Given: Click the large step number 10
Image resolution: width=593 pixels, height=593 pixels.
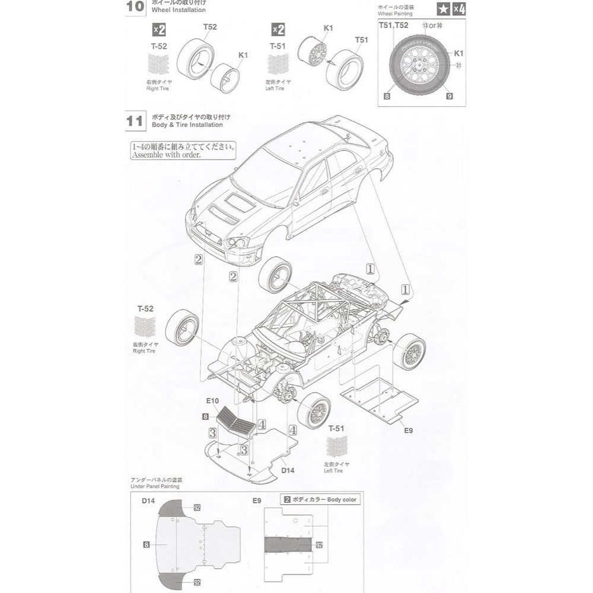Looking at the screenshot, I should [x=135, y=7].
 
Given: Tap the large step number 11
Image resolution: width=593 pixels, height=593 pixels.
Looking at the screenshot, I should [x=135, y=121].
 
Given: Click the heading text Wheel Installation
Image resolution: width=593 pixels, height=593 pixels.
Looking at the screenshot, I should [x=179, y=10].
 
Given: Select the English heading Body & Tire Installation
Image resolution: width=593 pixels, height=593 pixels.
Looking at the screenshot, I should [x=187, y=125].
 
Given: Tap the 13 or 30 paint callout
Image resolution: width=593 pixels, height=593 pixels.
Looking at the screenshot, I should [x=433, y=25].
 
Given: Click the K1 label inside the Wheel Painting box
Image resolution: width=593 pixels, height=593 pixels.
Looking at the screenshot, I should [x=458, y=53].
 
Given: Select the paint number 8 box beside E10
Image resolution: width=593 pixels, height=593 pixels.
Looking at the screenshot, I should [x=205, y=417].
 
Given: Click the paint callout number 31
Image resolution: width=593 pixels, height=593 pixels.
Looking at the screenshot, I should [x=458, y=66].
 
